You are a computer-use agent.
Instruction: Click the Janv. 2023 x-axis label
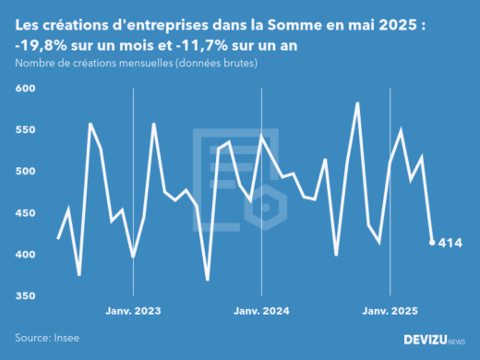tap(134, 312)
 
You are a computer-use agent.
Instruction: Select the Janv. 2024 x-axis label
tap(262, 312)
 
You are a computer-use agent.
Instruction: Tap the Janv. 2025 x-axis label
tap(390, 312)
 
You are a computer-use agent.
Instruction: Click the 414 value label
tap(450, 244)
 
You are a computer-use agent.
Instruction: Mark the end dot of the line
tap(432, 243)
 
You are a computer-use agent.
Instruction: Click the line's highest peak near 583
tap(357, 102)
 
